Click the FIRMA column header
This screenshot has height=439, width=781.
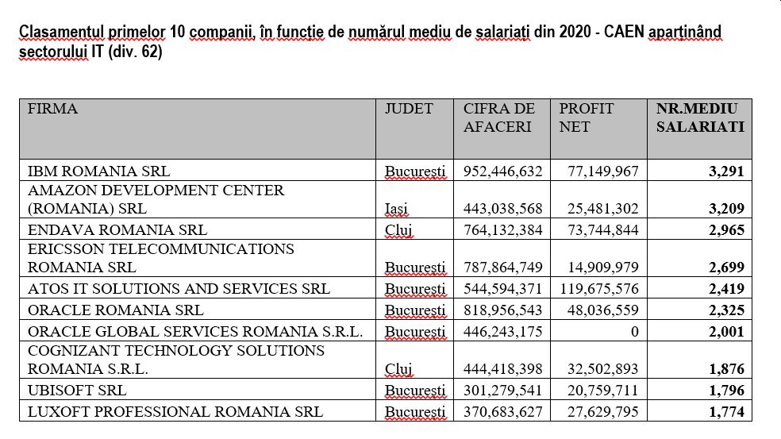pos(52,109)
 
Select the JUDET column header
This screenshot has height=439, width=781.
pos(409,109)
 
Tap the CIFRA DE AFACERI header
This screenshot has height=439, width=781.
pos(498,117)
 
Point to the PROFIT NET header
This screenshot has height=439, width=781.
pos(587,117)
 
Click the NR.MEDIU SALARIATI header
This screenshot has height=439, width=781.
pos(700,117)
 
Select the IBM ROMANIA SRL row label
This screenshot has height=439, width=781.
pos(98,171)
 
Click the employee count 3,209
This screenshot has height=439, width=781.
pos(726,208)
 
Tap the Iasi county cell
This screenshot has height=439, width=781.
pos(396,209)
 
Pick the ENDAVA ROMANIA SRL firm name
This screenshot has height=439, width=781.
pos(117,229)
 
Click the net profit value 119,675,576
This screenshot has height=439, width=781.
pos(599,288)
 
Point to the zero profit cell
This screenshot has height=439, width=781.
pos(635,331)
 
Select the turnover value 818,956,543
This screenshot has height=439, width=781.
pos(502,310)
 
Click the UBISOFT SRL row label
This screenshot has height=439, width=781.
pos(77,390)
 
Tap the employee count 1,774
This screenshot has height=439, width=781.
pos(726,411)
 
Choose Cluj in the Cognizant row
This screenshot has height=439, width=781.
pos(398,368)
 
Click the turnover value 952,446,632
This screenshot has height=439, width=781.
pos(502,171)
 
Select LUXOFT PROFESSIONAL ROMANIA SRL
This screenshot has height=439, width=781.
pos(175,411)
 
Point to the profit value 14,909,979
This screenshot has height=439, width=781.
pos(603,267)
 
